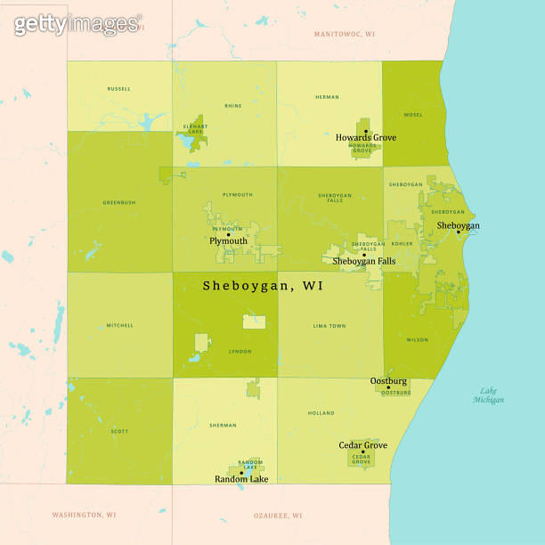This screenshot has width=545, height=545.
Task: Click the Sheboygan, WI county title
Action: [263, 286]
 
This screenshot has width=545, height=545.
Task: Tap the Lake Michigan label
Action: [488, 395]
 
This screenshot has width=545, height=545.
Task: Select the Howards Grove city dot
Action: [366, 131]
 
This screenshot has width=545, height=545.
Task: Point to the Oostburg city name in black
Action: [388, 381]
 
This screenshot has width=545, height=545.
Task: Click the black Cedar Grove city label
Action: [362, 444]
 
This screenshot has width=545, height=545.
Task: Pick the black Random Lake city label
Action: [240, 479]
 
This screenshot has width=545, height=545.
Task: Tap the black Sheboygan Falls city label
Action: [363, 261]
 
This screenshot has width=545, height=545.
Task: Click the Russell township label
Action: [118, 89]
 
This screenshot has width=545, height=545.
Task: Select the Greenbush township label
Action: [118, 202]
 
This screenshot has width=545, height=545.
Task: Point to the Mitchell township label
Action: [119, 325]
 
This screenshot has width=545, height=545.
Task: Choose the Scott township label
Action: [119, 432]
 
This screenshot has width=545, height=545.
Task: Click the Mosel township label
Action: [413, 115]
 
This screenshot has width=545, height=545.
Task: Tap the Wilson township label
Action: [416, 339]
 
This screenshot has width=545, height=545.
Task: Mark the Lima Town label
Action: [329, 326]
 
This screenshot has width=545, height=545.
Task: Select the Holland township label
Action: [321, 413]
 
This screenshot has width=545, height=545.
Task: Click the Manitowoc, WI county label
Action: [345, 33]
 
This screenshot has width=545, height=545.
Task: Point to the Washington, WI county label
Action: [84, 515]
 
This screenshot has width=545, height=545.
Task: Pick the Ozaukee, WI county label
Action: [278, 515]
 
